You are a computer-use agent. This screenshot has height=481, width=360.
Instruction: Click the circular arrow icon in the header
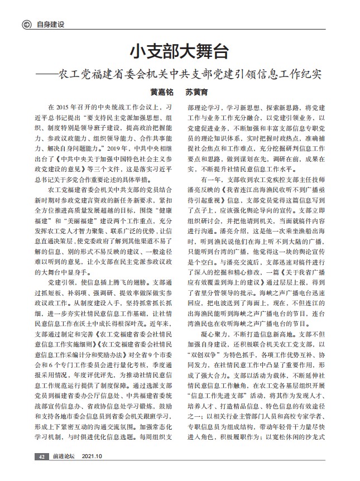(26, 25)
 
